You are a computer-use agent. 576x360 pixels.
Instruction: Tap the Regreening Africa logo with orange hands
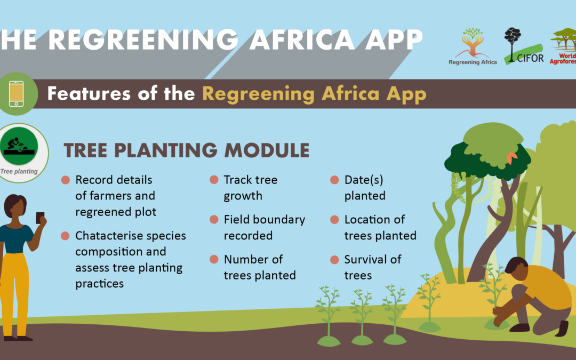pyautogui.click(x=473, y=46)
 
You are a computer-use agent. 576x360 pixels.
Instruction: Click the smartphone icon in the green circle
pyautogui.click(x=16, y=94)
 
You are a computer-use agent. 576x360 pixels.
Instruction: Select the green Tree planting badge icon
pyautogui.click(x=19, y=146)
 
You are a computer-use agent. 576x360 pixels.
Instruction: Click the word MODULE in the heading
pyautogui.click(x=267, y=150)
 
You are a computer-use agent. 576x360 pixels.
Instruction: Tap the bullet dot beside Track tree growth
pyautogui.click(x=214, y=180)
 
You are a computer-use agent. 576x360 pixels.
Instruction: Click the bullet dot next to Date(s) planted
pyautogui.click(x=334, y=180)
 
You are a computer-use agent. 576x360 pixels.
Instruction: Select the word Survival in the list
pyautogui.click(x=362, y=259)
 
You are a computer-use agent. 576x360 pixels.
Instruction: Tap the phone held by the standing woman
pyautogui.click(x=40, y=218)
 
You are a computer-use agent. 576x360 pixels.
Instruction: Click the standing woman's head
pyautogui.click(x=15, y=206)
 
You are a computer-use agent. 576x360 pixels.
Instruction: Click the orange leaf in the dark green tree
pyautogui.click(x=511, y=157)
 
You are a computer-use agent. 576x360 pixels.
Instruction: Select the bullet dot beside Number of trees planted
pyautogui.click(x=214, y=259)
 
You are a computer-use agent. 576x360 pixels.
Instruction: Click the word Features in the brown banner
pyautogui.click(x=89, y=93)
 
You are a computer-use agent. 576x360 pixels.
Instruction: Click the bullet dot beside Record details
pyautogui.click(x=66, y=180)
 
